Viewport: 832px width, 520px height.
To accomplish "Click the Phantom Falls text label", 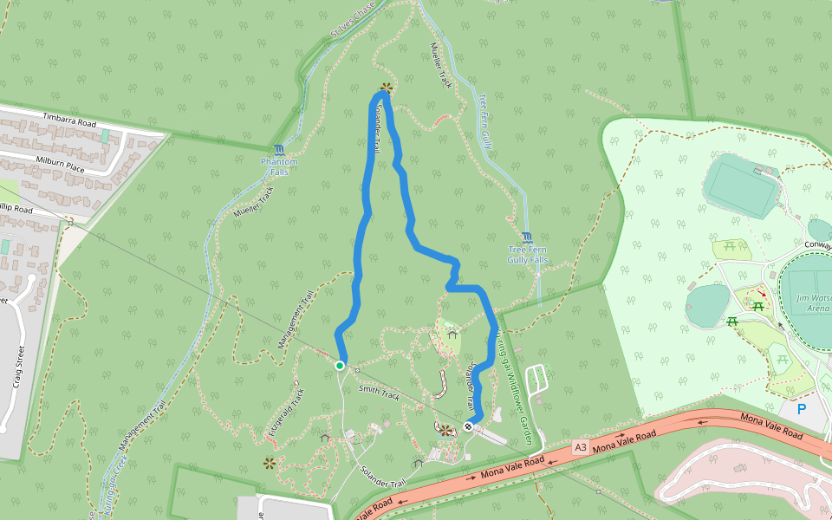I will pyautogui.click(x=278, y=166).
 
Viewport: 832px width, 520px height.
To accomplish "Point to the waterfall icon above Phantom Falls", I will pyautogui.click(x=278, y=150).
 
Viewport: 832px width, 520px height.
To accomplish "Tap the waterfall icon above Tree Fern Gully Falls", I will pyautogui.click(x=528, y=237).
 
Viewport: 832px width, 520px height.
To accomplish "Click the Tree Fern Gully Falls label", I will pyautogui.click(x=528, y=255).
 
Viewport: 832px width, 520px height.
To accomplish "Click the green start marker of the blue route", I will pyautogui.click(x=340, y=366).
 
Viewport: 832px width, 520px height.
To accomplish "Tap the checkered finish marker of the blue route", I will pyautogui.click(x=469, y=426).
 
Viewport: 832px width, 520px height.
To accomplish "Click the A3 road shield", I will pyautogui.click(x=581, y=446).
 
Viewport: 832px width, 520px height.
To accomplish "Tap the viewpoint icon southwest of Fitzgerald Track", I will pyautogui.click(x=269, y=463).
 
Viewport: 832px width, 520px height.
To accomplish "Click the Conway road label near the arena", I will pyautogui.click(x=817, y=244).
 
